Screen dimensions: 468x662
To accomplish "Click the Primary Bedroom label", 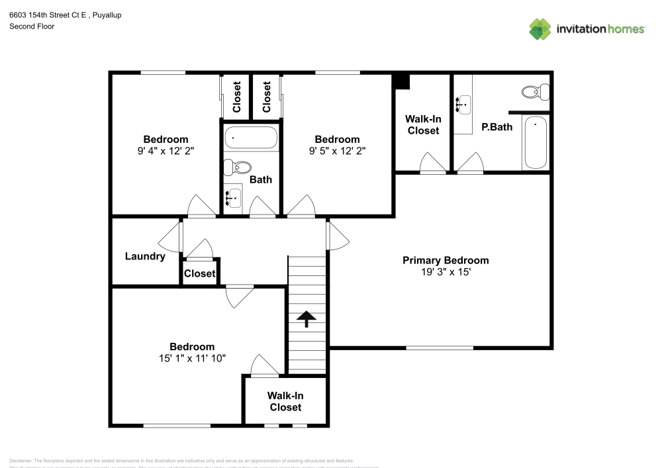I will [446, 260].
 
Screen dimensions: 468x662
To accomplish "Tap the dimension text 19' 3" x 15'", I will [446, 272].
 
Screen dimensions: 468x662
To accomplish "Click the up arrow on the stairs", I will [307, 319].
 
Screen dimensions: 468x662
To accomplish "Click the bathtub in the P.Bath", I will [536, 143].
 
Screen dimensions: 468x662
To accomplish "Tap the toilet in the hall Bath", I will [238, 166].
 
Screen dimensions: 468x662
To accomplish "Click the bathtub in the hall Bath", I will [251, 138].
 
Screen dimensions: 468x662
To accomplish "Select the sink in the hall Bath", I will [232, 197].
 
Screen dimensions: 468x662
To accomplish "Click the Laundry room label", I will [145, 256].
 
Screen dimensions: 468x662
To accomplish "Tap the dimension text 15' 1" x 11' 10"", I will [192, 358].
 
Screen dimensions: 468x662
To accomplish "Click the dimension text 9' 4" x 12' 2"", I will [165, 150].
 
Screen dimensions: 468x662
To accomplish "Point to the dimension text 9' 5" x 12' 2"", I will [337, 150].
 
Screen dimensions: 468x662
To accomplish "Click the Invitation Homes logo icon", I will [540, 28].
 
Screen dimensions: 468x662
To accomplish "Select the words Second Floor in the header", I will [32, 26].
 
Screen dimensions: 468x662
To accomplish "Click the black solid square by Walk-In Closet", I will [401, 81].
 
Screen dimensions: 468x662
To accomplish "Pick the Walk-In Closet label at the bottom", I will [285, 401].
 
